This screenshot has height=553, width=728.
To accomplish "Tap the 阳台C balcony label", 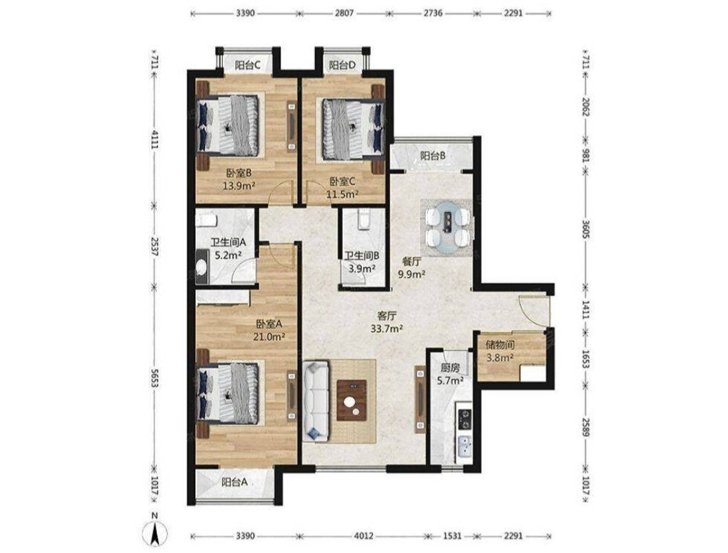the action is pos(246,65).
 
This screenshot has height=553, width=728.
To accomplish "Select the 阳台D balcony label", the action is pos(342,65).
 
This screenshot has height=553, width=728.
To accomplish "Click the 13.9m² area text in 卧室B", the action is pos(239,187).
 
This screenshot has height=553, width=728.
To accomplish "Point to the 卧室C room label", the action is pos(343,181).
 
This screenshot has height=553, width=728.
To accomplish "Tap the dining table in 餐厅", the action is pos(447,227).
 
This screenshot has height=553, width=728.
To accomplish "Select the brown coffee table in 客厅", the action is pos(352,401).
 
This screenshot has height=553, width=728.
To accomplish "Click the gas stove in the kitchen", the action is pos(464,419).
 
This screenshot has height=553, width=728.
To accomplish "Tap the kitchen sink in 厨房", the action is pos(464,446).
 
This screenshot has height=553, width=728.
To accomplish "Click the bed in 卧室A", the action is pos(231,394).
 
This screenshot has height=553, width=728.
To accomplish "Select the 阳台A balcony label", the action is pos(234,482).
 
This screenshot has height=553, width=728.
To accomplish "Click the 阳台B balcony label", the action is pos(433,156).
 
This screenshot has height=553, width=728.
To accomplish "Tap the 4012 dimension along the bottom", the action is pos(363,536).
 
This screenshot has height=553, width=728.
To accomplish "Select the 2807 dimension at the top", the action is pos(344,13).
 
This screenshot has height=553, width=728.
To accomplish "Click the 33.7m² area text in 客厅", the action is pos(386,329).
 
